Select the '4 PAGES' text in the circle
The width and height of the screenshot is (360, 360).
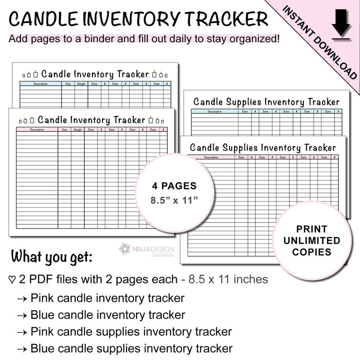click(174, 186)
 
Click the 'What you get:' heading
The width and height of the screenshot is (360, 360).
click(51, 256)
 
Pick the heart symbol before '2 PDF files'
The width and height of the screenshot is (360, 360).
click(12, 279)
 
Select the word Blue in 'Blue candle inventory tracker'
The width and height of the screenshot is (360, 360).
click(42, 315)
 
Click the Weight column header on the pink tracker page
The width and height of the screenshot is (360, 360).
click(78, 130)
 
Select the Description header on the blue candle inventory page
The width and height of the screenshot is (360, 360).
click(40, 83)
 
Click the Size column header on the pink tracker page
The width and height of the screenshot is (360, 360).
click(64, 130)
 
